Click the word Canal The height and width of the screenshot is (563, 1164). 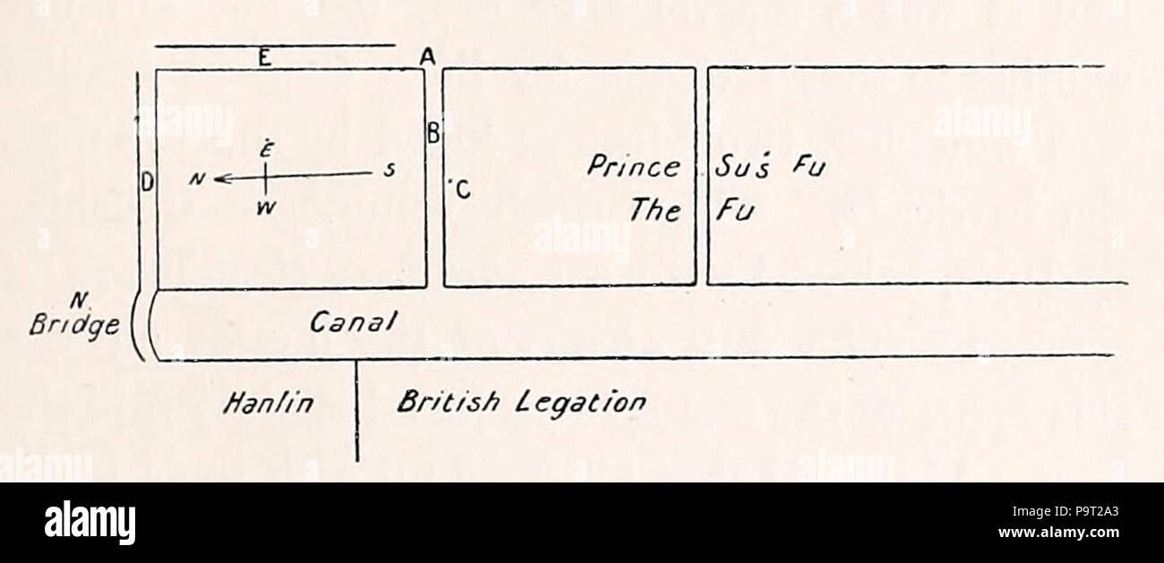(x=354, y=322)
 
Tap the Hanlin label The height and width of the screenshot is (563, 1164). (x=269, y=403)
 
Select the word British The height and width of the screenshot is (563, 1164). (x=449, y=402)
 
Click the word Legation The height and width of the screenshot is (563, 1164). (x=581, y=404)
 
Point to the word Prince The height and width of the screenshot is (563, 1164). (x=633, y=166)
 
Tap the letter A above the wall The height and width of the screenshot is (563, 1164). (x=427, y=56)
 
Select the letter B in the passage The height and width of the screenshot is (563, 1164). (x=433, y=133)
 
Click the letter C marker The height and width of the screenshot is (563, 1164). (x=462, y=189)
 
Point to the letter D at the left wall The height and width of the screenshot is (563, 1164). (x=148, y=183)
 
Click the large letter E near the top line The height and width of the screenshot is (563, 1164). (x=265, y=57)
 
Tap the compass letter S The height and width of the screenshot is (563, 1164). (x=389, y=170)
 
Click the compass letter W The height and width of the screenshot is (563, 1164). (x=266, y=209)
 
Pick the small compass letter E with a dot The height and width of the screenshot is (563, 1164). (x=266, y=149)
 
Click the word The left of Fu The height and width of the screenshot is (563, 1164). (x=655, y=210)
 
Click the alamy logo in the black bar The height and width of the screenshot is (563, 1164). (x=90, y=522)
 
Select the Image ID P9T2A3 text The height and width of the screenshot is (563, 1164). (x=1066, y=512)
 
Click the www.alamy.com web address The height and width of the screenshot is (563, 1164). (x=1058, y=533)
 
